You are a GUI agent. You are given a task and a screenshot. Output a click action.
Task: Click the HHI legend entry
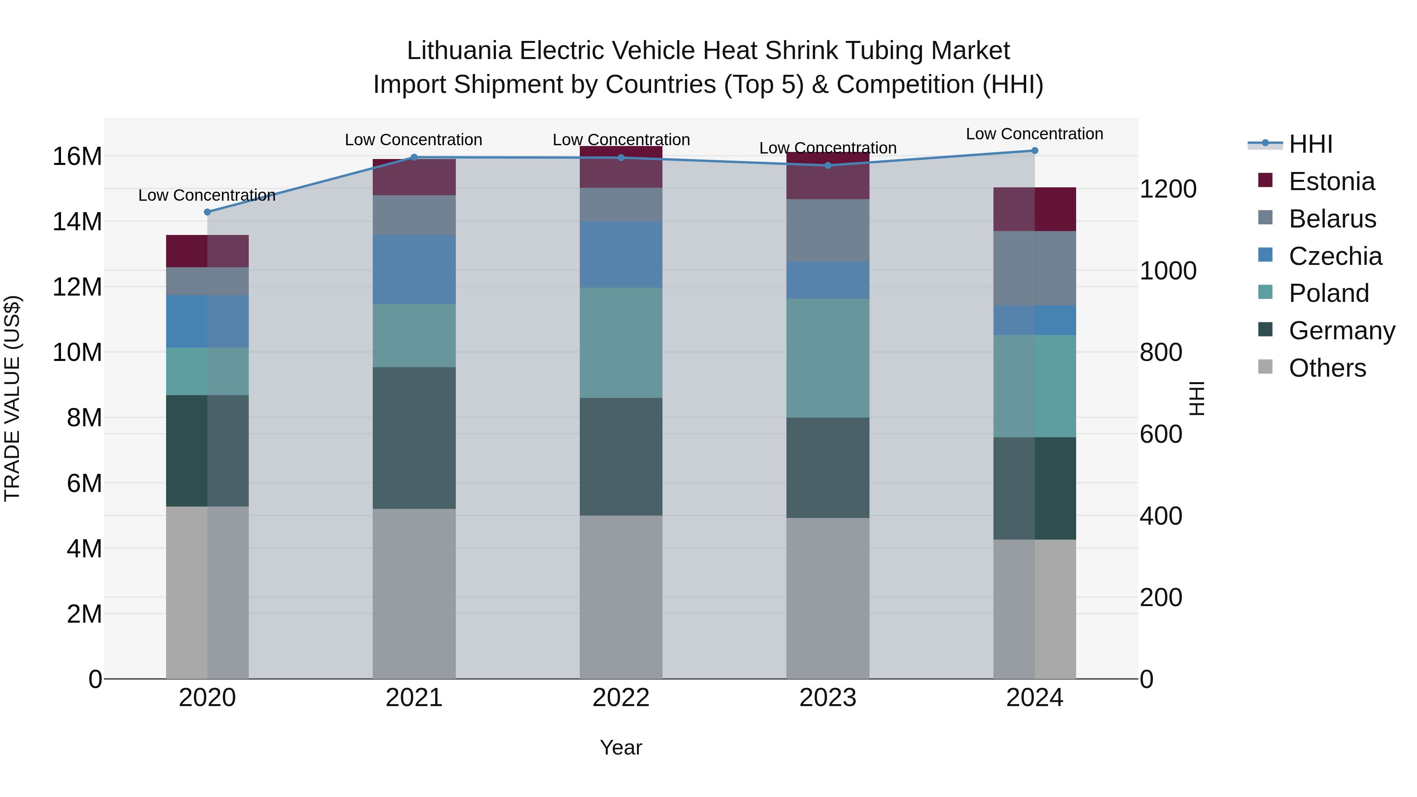pos(1311,144)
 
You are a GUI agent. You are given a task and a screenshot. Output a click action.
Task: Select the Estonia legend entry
pos(1331,181)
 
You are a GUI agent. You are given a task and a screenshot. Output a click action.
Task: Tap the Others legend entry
pos(1327,368)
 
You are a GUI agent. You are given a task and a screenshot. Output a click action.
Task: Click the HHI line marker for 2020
pos(207,212)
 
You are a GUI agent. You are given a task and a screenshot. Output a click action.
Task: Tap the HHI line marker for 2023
pos(828,165)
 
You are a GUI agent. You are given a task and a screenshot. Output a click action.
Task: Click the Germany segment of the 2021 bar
pos(414,438)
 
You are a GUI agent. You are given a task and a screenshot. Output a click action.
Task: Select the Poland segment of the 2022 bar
pos(621,343)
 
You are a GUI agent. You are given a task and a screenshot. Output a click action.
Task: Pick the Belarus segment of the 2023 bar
pos(828,231)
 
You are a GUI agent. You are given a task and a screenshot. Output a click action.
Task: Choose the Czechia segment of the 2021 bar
pos(414,270)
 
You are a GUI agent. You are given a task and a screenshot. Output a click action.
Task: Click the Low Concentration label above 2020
pos(207,195)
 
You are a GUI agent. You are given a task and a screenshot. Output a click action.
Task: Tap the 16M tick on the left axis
pos(77,156)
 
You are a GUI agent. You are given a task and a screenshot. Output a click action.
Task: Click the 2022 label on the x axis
pos(621,698)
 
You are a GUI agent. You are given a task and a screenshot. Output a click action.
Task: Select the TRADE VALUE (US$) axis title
pos(12,398)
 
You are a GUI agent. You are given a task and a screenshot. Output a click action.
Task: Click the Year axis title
pos(621,747)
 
